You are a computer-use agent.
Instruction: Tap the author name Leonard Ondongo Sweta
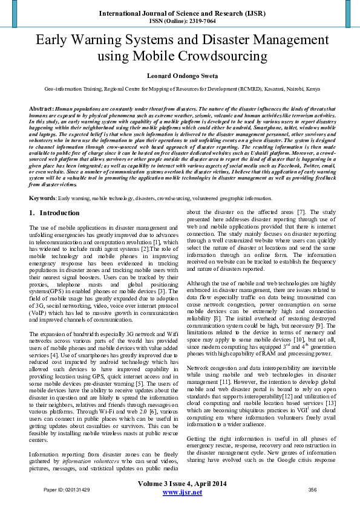180,76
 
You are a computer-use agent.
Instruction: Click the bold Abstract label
41,108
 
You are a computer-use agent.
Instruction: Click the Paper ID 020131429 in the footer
67,489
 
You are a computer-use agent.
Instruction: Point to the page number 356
313,489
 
